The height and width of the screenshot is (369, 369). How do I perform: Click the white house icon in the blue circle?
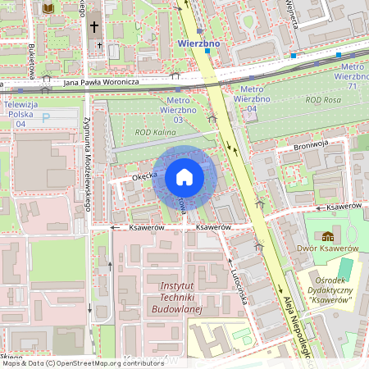[184, 177]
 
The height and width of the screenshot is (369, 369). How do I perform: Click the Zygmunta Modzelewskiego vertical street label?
[87, 164]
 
